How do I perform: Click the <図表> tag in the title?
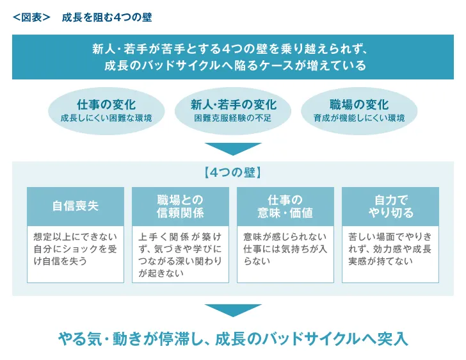coord(31,17)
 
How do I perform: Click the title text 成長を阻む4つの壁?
coord(107,17)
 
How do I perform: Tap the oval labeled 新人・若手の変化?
coord(234,110)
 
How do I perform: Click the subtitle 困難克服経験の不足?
coord(234,119)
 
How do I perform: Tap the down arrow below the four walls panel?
coord(233,309)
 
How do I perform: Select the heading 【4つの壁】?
coord(233,172)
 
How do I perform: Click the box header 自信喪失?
coord(76,206)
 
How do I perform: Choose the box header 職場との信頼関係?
coord(181,206)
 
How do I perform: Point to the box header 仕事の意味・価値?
coord(285,206)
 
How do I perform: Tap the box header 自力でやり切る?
coord(390,206)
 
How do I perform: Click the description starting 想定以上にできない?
coord(76,249)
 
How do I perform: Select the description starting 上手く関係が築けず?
coord(181,255)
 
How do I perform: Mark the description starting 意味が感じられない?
coord(285,249)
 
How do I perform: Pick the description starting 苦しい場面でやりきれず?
coord(390,249)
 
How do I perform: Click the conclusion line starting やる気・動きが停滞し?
coord(233,338)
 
